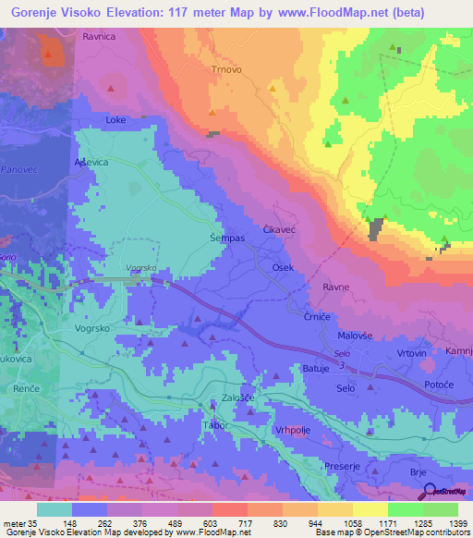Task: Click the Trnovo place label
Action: [x=225, y=68]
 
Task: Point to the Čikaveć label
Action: [x=279, y=227]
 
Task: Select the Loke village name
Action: [x=115, y=119]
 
